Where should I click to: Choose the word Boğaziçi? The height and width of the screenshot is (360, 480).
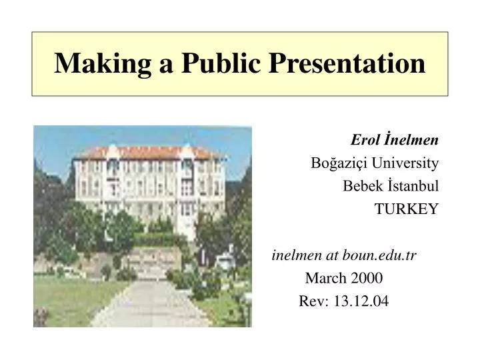339,163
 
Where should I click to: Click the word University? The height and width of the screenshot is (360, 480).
405,163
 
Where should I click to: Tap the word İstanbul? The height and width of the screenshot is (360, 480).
411,186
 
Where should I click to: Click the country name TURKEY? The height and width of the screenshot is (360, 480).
406,209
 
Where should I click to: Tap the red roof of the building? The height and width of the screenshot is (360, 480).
150,153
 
